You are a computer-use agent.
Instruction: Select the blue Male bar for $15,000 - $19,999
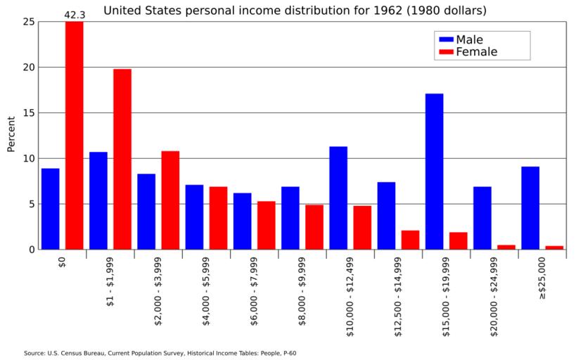[x=434, y=172]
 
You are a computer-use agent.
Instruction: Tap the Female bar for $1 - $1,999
[x=122, y=159]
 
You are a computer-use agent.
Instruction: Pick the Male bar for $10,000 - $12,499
[x=338, y=198]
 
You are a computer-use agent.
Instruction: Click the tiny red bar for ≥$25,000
[x=554, y=247]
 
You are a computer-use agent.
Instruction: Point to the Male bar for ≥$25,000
[x=530, y=207]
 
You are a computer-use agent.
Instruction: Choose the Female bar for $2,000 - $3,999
[x=170, y=200]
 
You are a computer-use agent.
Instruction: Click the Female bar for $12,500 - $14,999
[x=410, y=240]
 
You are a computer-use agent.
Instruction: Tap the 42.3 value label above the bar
[x=75, y=14]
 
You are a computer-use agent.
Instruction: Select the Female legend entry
[x=466, y=52]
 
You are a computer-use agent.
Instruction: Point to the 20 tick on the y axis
[x=29, y=67]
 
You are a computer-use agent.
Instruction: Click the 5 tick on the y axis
[x=31, y=204]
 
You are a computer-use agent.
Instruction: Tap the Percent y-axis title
[x=11, y=134]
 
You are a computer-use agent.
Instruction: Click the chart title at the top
[x=295, y=11]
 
